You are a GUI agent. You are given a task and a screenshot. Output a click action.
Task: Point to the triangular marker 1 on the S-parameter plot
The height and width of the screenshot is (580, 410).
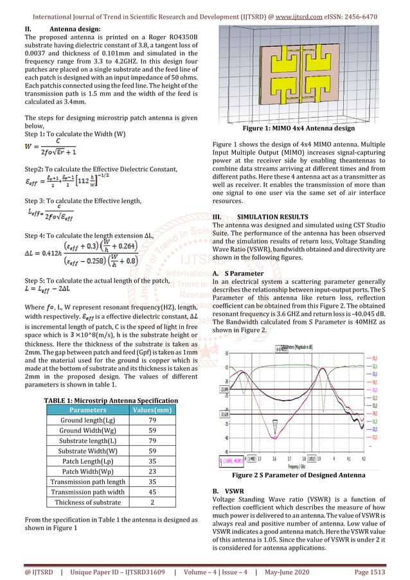coord(276,425)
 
